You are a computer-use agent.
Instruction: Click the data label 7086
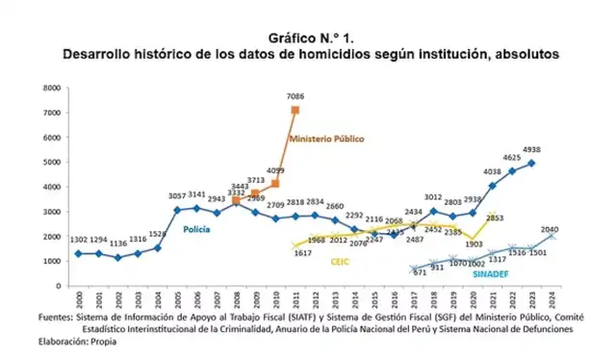(x=295, y=96)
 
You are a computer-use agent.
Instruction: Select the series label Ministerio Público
(x=327, y=139)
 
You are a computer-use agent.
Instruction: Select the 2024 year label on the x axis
(x=552, y=298)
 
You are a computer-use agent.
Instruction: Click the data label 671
(x=421, y=273)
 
